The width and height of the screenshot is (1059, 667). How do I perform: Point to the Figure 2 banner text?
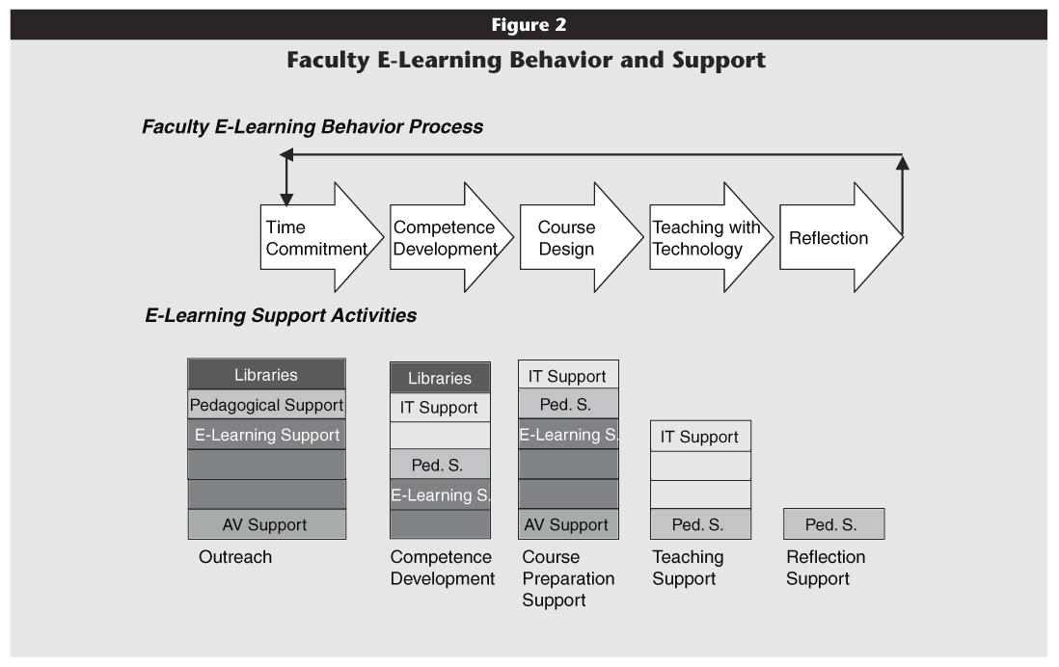pyautogui.click(x=529, y=25)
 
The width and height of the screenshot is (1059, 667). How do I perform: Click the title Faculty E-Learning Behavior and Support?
pyautogui.click(x=526, y=60)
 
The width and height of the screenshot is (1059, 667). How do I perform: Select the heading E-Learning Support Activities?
pyautogui.click(x=281, y=315)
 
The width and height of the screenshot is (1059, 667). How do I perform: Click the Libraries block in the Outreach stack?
pyautogui.click(x=267, y=374)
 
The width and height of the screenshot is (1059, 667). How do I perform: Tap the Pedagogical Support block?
pyautogui.click(x=267, y=405)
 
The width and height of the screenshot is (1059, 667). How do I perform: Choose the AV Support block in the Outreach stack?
pyautogui.click(x=267, y=524)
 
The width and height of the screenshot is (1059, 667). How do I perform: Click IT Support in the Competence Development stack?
pyautogui.click(x=440, y=407)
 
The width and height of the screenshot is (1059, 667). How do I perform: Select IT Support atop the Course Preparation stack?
pyautogui.click(x=568, y=375)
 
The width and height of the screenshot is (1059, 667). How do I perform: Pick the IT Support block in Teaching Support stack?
pyautogui.click(x=700, y=436)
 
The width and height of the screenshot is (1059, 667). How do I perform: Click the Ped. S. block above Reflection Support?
pyautogui.click(x=833, y=524)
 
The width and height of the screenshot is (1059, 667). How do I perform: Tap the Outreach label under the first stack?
pyautogui.click(x=235, y=557)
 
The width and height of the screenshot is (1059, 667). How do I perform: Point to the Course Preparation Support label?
pyautogui.click(x=568, y=578)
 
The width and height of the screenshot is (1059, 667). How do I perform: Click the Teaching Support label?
pyautogui.click(x=688, y=568)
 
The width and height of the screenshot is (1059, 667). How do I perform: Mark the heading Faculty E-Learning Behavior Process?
pyautogui.click(x=312, y=127)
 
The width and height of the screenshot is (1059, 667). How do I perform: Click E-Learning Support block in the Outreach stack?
pyautogui.click(x=267, y=435)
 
